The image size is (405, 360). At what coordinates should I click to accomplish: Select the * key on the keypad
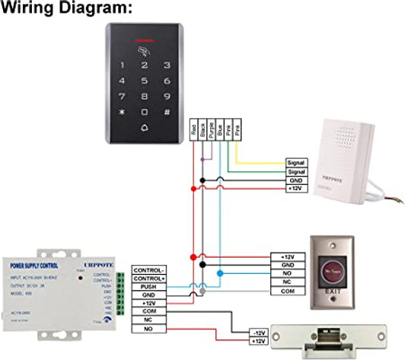pyautogui.click(x=120, y=113)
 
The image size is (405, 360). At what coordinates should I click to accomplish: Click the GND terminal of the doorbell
pyautogui.click(x=295, y=180)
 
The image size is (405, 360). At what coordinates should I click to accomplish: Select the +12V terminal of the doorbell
pyautogui.click(x=295, y=189)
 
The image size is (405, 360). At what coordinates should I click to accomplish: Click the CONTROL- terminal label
pyautogui.click(x=148, y=269)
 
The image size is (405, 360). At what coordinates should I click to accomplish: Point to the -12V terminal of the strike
pyautogui.click(x=258, y=333)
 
